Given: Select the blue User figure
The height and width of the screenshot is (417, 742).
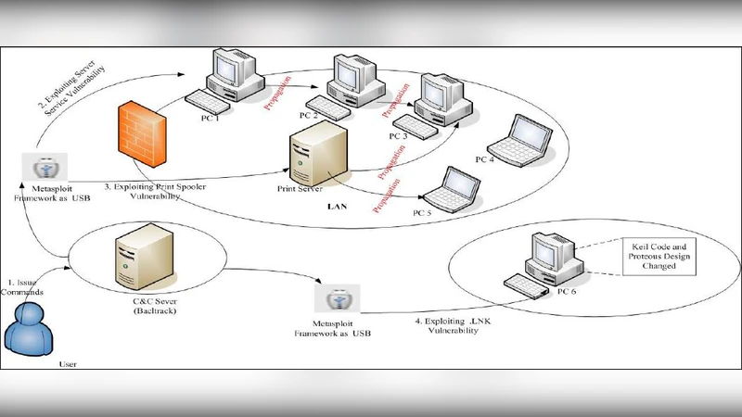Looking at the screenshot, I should coord(29,329).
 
